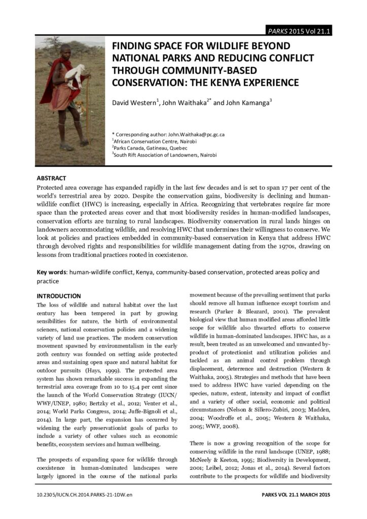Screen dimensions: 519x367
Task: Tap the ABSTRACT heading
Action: (52, 178)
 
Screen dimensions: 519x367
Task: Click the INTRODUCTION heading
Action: (59, 295)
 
